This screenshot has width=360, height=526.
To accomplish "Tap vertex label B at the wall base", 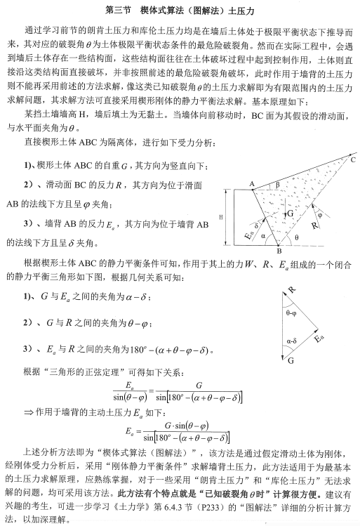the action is tap(279, 251).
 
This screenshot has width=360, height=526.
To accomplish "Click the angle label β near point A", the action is tap(276, 185).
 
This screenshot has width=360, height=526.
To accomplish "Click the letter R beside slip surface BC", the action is tap(313, 227).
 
